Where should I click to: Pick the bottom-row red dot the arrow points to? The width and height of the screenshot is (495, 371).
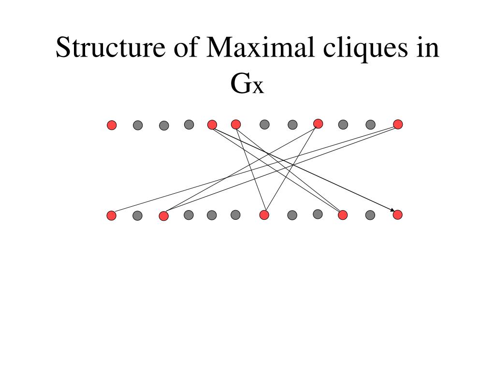click(x=397, y=215)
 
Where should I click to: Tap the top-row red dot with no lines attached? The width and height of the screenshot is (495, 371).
click(x=112, y=125)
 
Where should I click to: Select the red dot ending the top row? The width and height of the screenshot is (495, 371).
click(x=398, y=125)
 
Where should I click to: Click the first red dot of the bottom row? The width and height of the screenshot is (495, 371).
click(x=112, y=215)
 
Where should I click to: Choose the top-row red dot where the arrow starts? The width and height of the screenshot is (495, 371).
click(x=212, y=125)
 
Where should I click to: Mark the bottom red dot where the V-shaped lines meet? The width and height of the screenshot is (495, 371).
click(x=264, y=215)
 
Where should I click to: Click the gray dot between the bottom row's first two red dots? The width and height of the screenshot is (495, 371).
click(x=137, y=215)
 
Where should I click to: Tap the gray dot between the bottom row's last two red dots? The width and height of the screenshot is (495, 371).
click(x=370, y=215)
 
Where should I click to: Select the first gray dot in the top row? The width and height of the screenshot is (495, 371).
click(x=137, y=125)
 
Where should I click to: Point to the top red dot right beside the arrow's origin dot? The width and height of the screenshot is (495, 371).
click(x=236, y=125)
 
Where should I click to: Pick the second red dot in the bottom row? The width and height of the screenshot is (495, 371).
click(x=164, y=215)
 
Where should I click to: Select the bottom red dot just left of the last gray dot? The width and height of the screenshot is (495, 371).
click(x=343, y=215)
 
